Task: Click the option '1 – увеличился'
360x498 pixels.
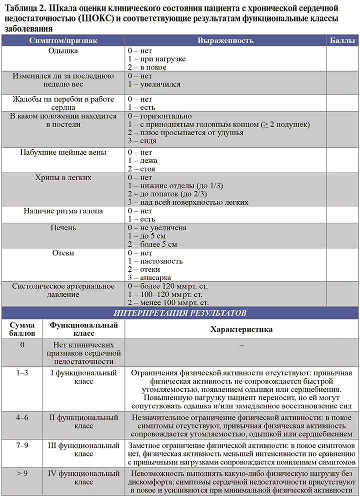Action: tap(154, 84)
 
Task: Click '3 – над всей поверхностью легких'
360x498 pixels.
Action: tap(188, 202)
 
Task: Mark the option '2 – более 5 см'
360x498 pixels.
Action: tap(152, 244)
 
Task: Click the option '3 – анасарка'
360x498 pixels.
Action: tap(149, 277)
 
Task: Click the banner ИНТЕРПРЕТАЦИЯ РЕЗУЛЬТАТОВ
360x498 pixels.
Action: tap(180, 313)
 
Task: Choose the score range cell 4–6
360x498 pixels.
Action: tap(22, 417)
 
